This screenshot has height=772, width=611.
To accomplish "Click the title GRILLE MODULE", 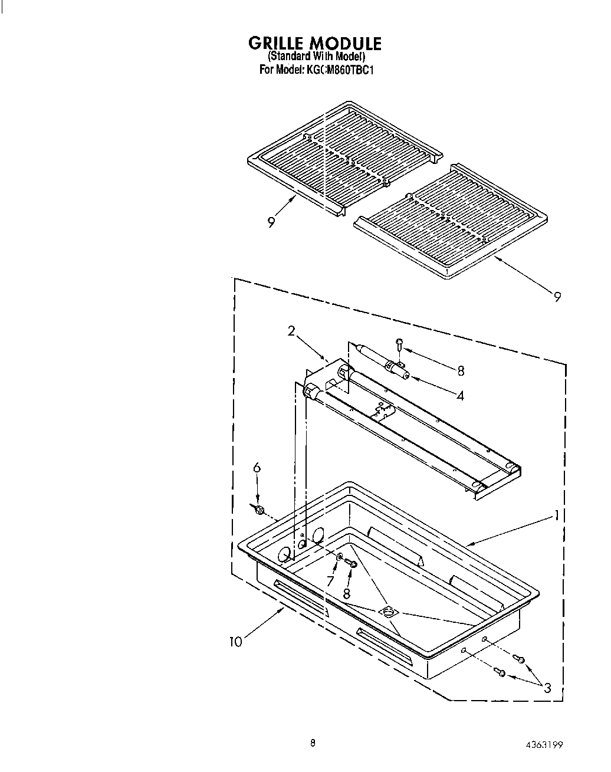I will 314,44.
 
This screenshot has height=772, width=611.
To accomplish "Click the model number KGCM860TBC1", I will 340,70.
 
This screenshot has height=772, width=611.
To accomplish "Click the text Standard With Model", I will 316,57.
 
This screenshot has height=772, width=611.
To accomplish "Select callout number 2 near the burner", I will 291,331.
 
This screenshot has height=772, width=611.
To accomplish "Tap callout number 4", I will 459,396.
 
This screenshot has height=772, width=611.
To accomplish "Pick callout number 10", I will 236,642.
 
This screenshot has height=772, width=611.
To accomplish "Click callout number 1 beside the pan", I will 556,516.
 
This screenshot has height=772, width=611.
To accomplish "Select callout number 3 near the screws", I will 547,688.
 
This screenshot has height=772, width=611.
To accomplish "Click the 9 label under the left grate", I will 271,222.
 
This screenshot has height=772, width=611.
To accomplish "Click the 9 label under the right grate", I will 557,297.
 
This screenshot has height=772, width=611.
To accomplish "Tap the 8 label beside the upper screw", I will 461,370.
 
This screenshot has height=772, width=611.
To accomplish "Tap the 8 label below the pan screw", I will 347,593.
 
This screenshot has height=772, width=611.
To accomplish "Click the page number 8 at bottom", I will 313,743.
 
